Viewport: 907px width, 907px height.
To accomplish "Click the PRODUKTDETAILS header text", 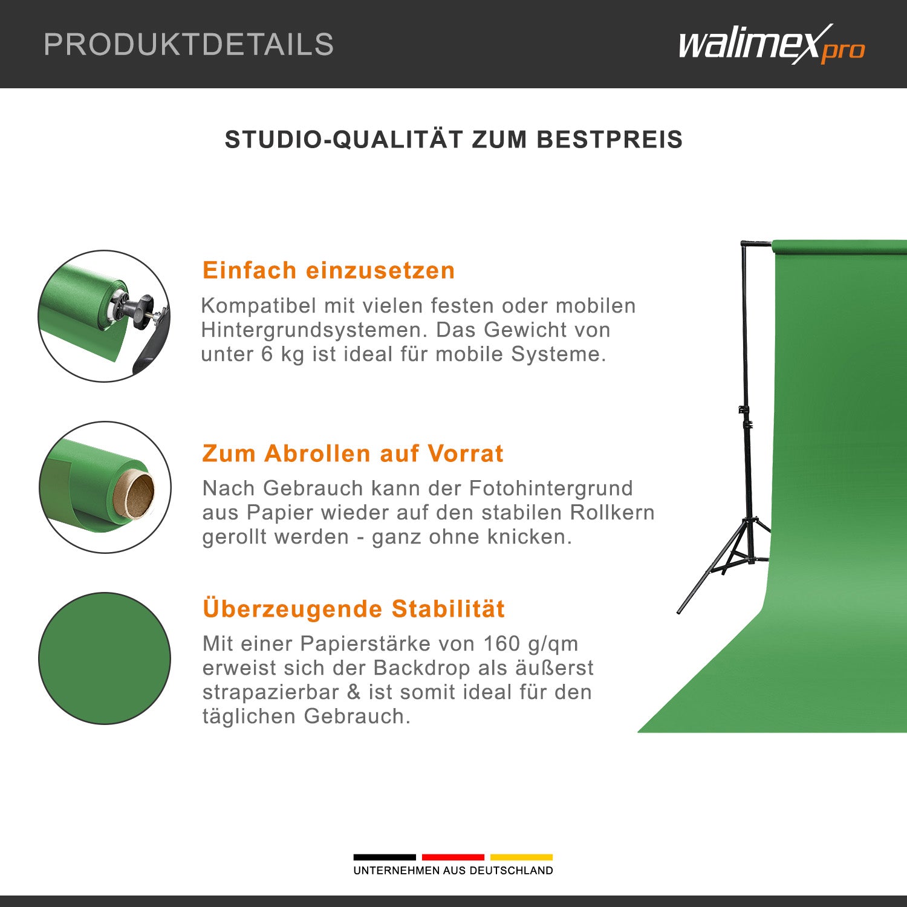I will coord(189,45).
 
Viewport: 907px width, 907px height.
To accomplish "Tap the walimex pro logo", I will coord(771,45).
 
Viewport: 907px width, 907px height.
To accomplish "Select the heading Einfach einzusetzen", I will coord(328,270).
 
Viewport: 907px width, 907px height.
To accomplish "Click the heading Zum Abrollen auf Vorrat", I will coord(353,453).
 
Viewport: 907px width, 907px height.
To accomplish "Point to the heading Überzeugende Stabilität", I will coord(354,609).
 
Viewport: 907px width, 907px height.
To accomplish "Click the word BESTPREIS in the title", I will coord(610,140).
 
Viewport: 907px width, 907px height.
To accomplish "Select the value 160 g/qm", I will coord(530,644).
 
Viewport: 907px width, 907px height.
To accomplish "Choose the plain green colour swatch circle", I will coord(105,658).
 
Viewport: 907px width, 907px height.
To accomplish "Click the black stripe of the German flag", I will coord(385,857).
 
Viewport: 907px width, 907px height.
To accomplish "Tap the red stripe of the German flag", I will coord(453,857).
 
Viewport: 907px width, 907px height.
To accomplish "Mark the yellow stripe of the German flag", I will coord(521,857).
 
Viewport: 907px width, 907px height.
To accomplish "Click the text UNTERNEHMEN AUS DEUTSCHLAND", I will coord(453,871).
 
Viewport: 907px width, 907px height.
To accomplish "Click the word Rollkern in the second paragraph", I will coord(613,513).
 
